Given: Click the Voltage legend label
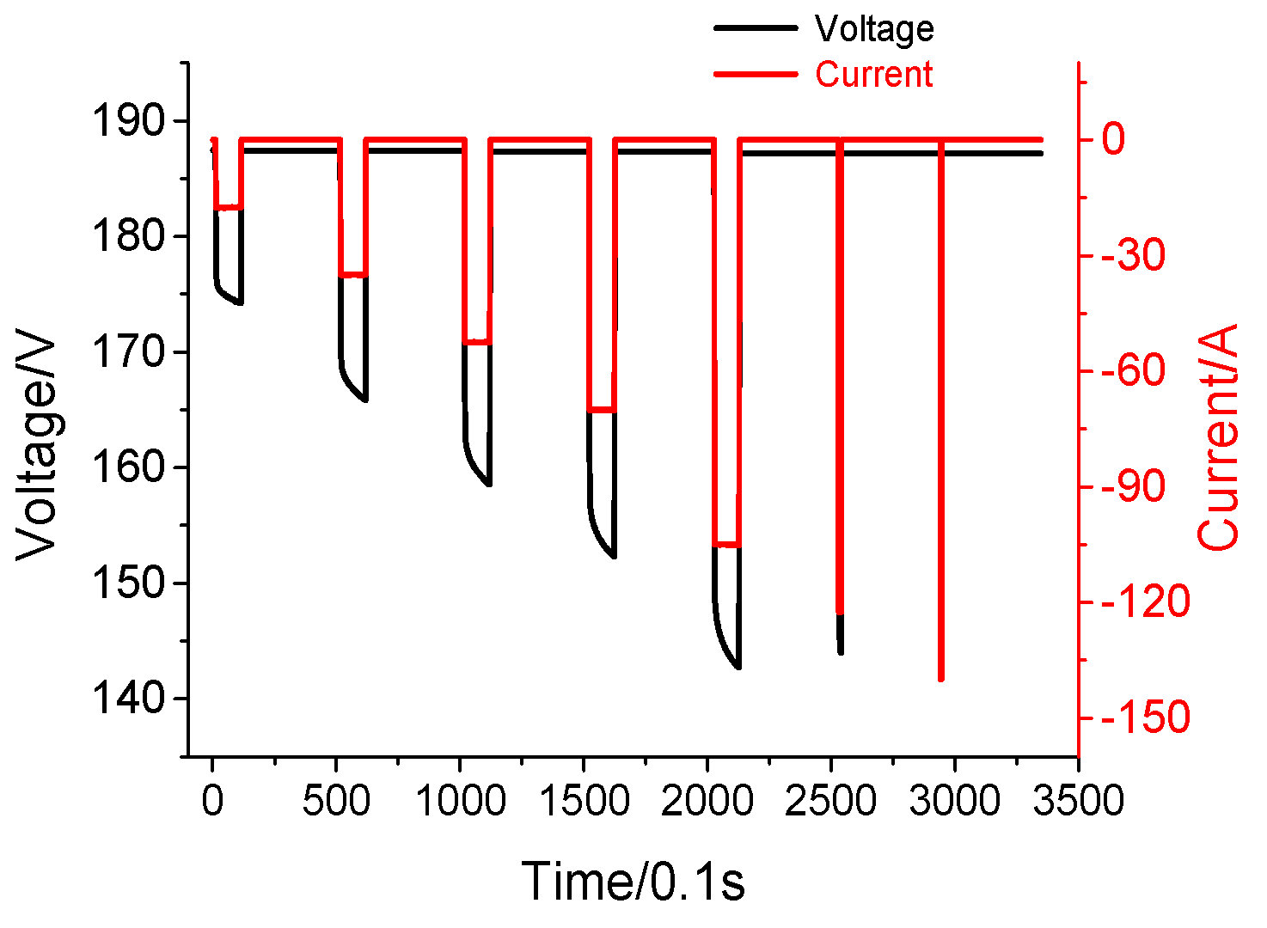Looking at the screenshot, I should [873, 29].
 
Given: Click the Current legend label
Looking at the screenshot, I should [873, 75].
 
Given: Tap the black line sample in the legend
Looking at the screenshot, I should [755, 28].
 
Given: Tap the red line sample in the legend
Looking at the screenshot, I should [755, 74].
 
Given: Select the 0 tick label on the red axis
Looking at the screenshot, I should [1113, 140].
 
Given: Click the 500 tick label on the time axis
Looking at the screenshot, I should [336, 802].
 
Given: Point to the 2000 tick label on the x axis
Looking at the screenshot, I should [707, 802].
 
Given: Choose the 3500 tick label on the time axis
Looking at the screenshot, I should [1077, 802].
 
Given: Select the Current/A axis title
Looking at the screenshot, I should [1219, 438].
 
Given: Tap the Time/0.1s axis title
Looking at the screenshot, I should [633, 882].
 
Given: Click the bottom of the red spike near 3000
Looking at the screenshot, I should [941, 678].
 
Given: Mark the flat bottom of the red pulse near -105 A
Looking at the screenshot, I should [726, 545].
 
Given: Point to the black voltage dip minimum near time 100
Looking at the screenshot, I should [240, 302].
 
